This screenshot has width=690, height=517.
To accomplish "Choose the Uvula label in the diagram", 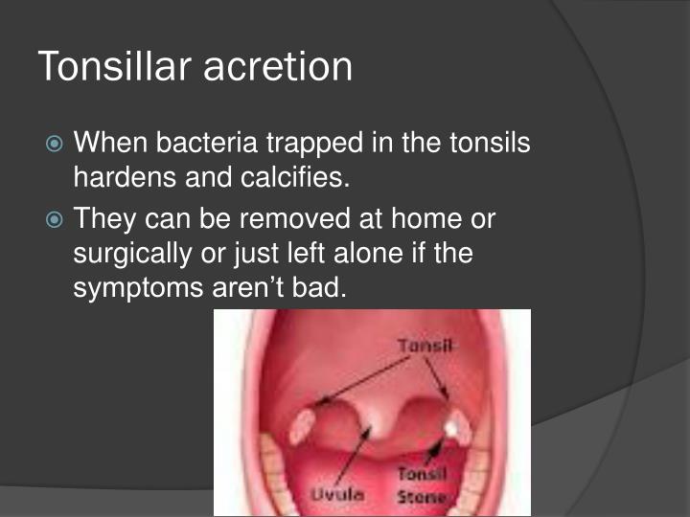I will click(x=333, y=493).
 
